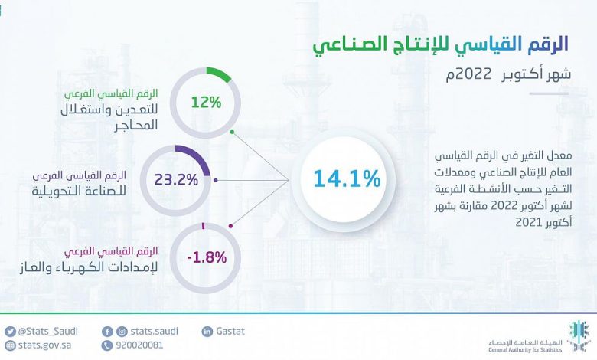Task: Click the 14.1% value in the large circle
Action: pyautogui.click(x=347, y=178)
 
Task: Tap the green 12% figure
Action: pyautogui.click(x=206, y=103)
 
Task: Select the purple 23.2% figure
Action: pyautogui.click(x=176, y=180)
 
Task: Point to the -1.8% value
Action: pyautogui.click(x=207, y=258)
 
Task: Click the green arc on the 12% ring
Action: pyautogui.click(x=221, y=74)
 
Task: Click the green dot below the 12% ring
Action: pyautogui.click(x=232, y=133)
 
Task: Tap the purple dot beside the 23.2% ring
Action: pyautogui.click(x=216, y=180)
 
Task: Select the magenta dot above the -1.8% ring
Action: pyautogui.click(x=230, y=226)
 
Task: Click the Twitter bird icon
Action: pyautogui.click(x=10, y=332)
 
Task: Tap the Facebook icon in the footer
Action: pyautogui.click(x=107, y=332)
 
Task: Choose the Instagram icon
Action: pyautogui.click(x=122, y=332)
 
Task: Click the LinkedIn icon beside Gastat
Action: pyautogui.click(x=207, y=332)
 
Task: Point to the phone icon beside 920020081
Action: pyautogui.click(x=107, y=345)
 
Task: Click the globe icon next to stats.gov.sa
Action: pyautogui.click(x=10, y=345)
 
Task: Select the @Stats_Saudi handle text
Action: pyautogui.click(x=48, y=332)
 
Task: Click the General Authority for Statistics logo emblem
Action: pyautogui.click(x=579, y=335)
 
